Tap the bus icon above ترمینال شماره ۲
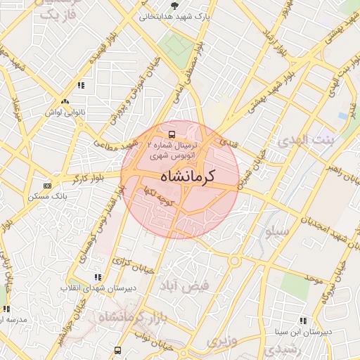pos(171,133)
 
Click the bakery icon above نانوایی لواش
pos(65,101)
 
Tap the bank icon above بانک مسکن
pos(47,186)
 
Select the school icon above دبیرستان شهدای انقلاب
pos(97,278)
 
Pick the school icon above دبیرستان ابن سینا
pos(303,321)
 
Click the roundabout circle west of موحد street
pos(234,262)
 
